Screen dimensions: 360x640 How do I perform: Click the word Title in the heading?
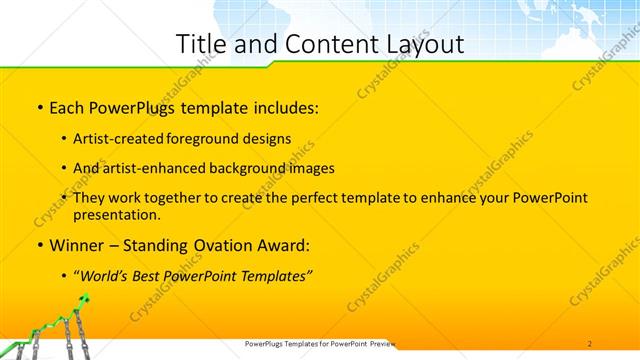(x=200, y=44)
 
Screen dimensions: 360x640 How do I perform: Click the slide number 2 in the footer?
(x=590, y=343)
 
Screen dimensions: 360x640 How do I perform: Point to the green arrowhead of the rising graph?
(x=87, y=299)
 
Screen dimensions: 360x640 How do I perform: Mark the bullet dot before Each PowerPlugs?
(x=39, y=107)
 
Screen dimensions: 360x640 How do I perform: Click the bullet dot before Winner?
(x=39, y=245)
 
